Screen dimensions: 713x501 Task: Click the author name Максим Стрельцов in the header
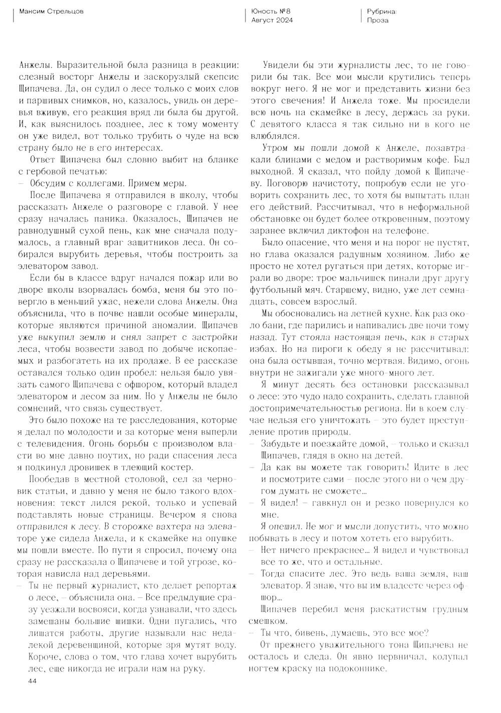click(50, 11)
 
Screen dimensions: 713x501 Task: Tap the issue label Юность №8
click(271, 11)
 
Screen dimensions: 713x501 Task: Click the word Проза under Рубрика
click(377, 20)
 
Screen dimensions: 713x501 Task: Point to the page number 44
click(32, 680)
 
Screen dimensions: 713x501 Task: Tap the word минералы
click(215, 314)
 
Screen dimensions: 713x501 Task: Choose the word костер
click(177, 467)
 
